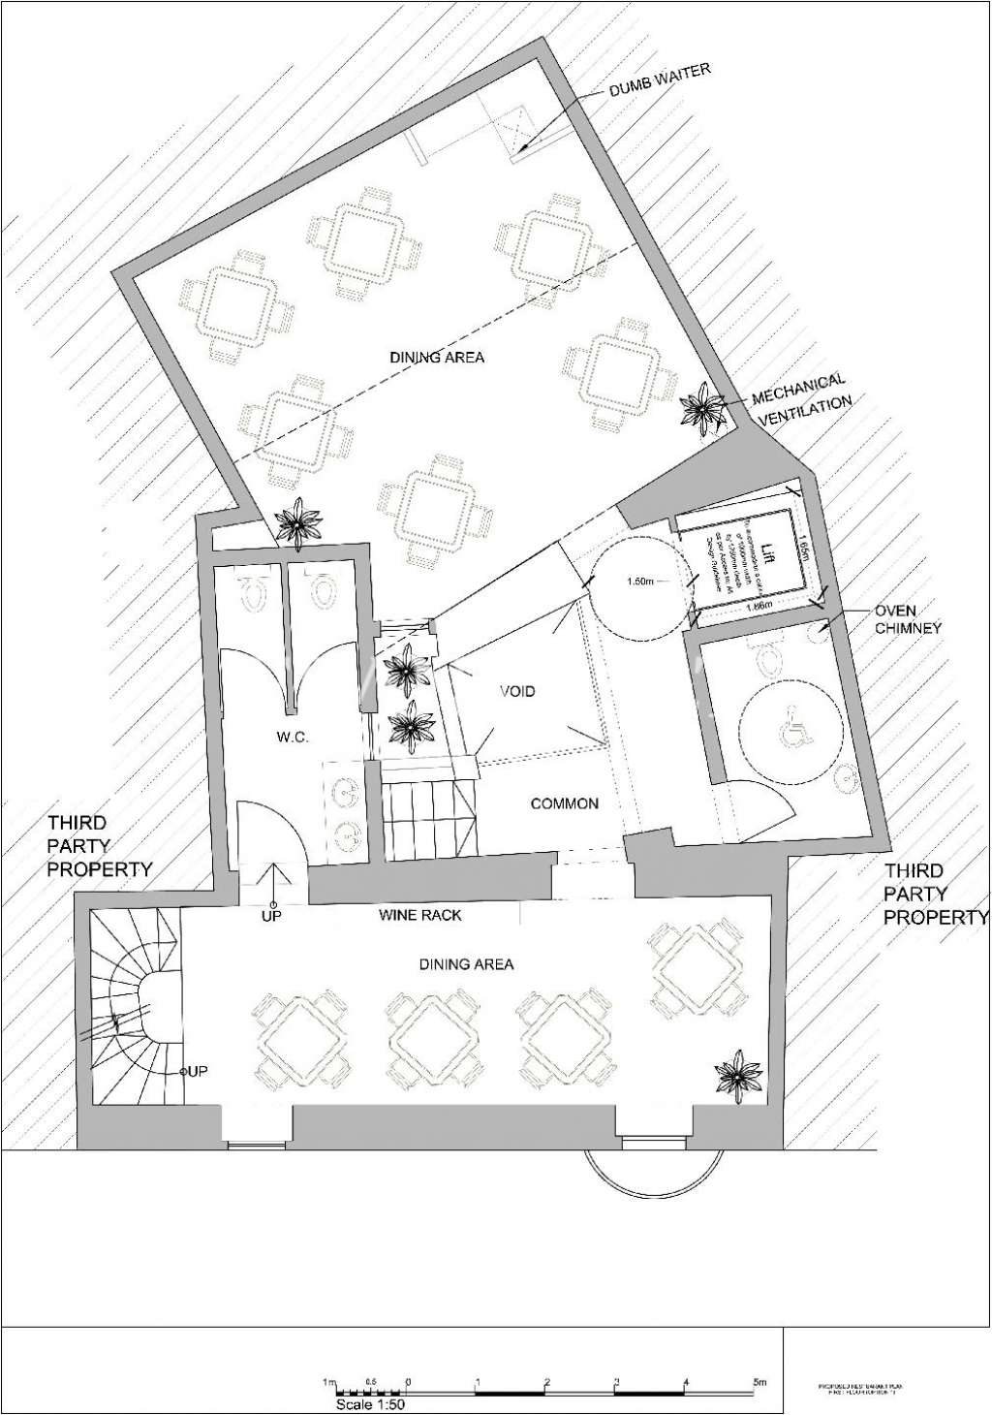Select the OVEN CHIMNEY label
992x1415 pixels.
908,619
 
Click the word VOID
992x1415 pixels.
516,692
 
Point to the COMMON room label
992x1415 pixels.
564,803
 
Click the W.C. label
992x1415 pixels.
292,738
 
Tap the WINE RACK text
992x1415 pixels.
419,915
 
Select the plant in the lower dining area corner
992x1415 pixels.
738,1075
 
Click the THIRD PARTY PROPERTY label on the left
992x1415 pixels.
100,846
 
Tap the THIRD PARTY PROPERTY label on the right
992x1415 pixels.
935,894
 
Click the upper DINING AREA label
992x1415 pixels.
437,358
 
